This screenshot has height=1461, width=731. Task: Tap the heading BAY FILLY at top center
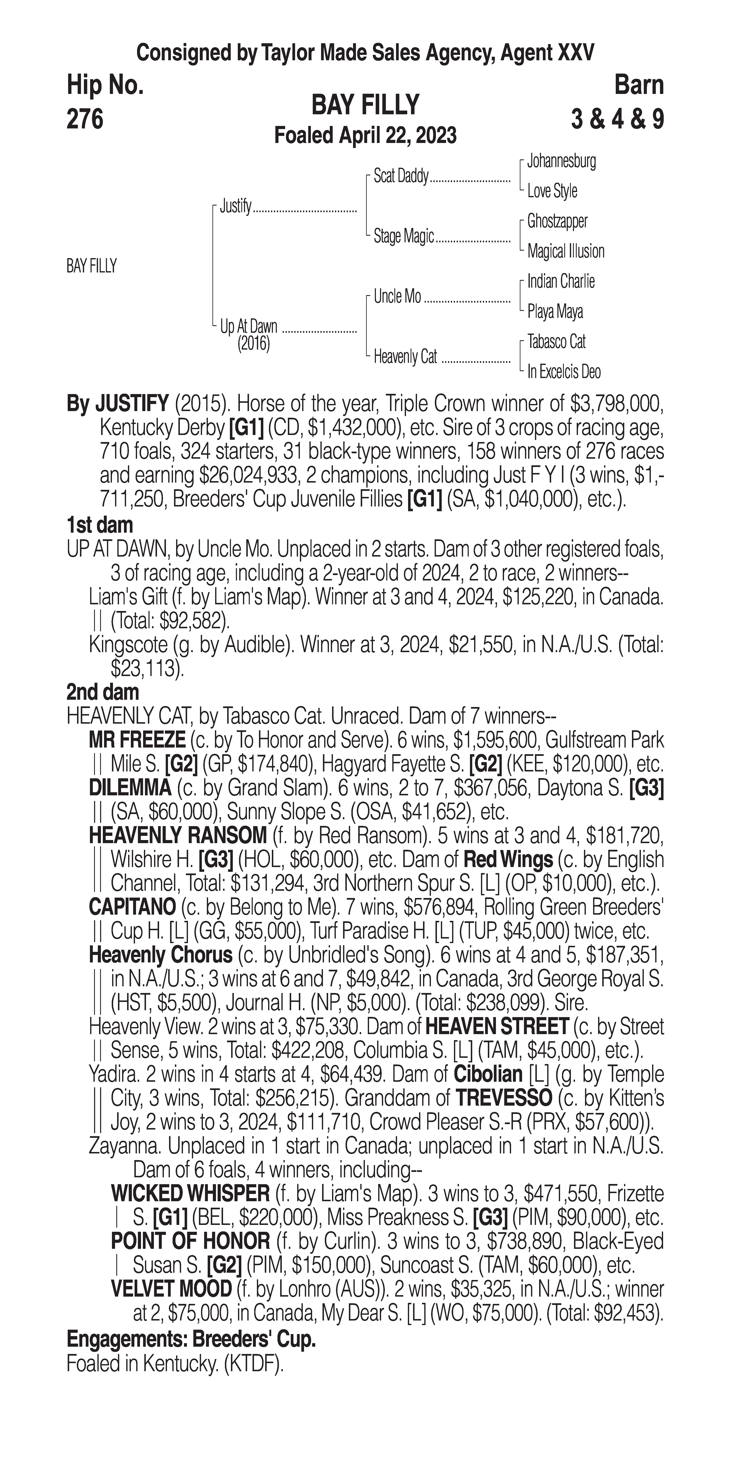pyautogui.click(x=365, y=105)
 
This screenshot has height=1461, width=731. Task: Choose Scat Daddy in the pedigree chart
pyautogui.click(x=401, y=176)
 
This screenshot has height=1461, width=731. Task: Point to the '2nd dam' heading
pyautogui.click(x=103, y=692)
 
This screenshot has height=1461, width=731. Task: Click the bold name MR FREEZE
pyautogui.click(x=137, y=740)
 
